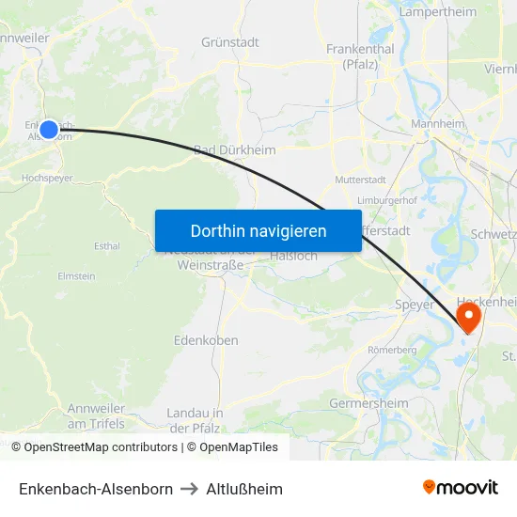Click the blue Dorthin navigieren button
258,230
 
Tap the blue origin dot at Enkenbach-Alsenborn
49,129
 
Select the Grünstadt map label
230,42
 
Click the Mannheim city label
439,124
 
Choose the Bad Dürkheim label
235,150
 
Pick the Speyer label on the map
415,305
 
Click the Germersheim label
369,403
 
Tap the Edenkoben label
206,340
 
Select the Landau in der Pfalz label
195,420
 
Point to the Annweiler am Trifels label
96,416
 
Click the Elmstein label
76,276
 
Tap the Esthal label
107,246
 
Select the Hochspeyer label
46,176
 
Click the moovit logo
461,488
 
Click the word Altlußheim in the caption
245,489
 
